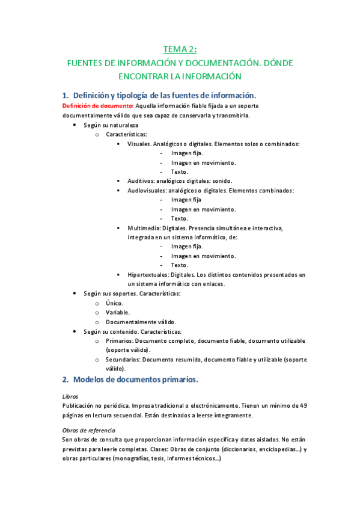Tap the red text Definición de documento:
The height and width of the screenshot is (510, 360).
[99, 106]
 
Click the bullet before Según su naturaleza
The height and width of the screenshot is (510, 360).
[74, 125]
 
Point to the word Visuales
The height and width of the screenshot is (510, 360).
[139, 144]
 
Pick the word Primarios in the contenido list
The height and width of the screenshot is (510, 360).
[120, 341]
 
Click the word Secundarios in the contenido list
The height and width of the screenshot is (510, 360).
[123, 360]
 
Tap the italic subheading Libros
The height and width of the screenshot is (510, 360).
[70, 396]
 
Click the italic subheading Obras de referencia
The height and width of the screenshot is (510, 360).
[89, 430]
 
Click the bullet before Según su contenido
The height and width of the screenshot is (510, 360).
[74, 331]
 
